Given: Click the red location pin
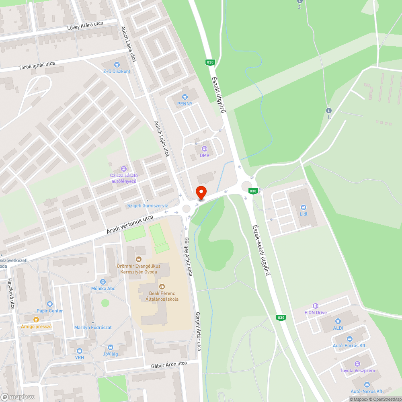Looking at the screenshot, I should [201, 193].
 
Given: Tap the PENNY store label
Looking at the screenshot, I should [185, 104].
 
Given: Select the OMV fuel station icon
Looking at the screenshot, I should [204, 148].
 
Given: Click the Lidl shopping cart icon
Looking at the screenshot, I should [303, 207].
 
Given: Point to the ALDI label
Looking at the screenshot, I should [338, 328].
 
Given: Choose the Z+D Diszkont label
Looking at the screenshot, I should [117, 71].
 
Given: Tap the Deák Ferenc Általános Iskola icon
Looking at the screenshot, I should [162, 287].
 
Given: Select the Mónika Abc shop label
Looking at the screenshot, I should [103, 288].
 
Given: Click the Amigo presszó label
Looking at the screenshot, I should [37, 326].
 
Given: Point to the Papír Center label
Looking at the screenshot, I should [50, 311].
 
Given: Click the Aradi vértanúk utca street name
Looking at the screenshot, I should [130, 225].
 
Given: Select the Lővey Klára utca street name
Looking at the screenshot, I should [85, 27].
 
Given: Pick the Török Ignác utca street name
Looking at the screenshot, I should [37, 66].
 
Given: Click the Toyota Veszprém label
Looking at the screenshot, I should [357, 370].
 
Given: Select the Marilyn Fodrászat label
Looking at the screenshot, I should [93, 327].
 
